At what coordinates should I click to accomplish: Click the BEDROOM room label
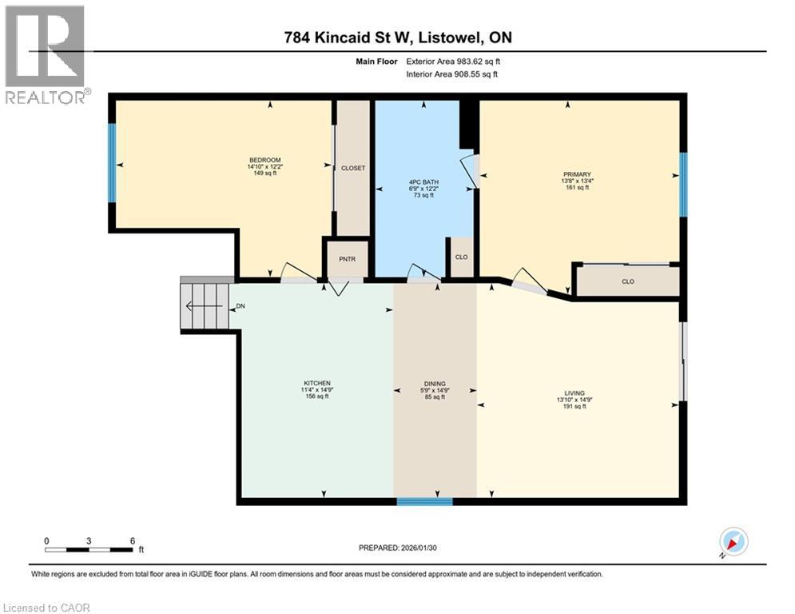tap(264, 160)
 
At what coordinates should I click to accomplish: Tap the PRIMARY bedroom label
tap(577, 174)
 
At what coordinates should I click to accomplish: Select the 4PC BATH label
tap(423, 181)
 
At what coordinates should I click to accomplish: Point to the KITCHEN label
tap(317, 383)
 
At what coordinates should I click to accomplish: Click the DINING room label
tap(435, 384)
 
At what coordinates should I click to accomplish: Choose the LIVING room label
tap(574, 393)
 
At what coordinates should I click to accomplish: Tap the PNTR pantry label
tap(348, 259)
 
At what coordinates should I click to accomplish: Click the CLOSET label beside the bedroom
tap(353, 168)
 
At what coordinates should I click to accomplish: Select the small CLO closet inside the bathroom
tap(461, 257)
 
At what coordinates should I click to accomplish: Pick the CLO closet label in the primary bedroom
tap(628, 281)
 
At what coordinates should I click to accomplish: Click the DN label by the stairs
tap(240, 306)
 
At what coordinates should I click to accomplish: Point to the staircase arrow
tap(204, 306)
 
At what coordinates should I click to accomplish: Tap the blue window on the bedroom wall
tap(112, 162)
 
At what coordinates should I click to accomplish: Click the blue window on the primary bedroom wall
tap(683, 184)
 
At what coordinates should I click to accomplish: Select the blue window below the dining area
tap(424, 501)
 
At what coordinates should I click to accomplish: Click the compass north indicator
tap(733, 541)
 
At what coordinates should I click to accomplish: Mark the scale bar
tap(89, 549)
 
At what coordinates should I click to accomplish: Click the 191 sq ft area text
tap(574, 406)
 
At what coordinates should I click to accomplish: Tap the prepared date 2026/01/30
tap(419, 548)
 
